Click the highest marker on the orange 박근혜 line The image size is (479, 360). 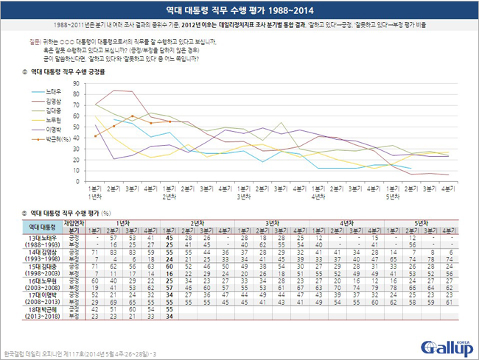(131, 116)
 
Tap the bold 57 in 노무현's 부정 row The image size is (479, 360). (170, 289)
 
